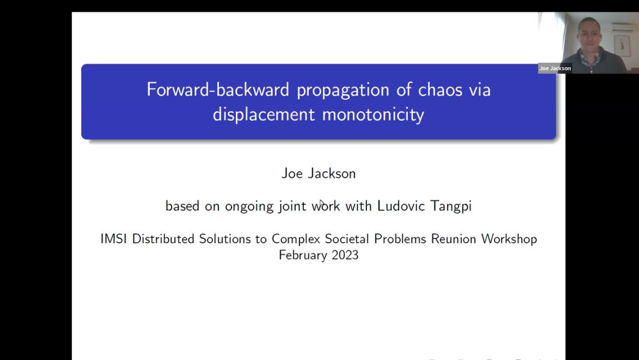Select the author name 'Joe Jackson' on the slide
(318, 173)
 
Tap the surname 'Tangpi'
(451, 206)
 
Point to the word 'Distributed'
(163, 239)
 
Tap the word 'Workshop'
(509, 239)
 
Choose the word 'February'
(303, 255)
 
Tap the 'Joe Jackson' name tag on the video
(555, 68)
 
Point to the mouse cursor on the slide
(321, 203)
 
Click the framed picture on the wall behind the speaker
(622, 45)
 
